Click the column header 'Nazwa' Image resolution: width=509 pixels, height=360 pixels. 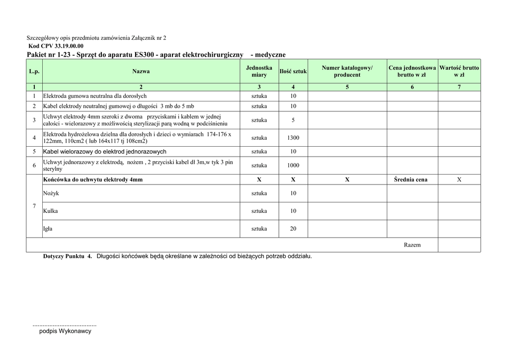point(141,72)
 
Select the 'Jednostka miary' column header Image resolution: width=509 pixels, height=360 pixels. point(259,71)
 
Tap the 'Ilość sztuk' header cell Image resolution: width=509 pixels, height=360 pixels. point(293,72)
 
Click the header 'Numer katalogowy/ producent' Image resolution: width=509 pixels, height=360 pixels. point(347,71)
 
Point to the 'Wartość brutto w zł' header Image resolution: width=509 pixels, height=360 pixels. point(459,71)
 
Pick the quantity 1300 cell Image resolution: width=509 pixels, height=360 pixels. point(293,138)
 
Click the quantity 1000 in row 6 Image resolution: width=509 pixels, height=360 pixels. point(293,166)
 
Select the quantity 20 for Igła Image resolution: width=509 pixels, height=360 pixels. point(293,229)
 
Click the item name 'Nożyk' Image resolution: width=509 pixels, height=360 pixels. point(51,193)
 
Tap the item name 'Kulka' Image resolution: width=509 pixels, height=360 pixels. point(50,211)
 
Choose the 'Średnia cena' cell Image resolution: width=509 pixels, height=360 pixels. point(411,180)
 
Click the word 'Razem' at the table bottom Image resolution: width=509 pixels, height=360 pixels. point(412,245)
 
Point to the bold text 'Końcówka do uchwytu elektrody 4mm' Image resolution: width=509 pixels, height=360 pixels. point(93,180)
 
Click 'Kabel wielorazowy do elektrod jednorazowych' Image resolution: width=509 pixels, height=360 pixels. point(105,152)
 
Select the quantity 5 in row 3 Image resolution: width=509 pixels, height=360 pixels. point(293,120)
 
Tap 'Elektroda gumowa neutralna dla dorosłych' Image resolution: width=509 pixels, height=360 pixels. point(95,96)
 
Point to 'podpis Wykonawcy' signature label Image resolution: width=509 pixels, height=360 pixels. point(65,331)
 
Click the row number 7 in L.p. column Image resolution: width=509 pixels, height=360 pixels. point(34,206)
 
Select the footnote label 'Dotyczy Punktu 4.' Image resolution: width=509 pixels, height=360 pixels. point(68,257)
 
